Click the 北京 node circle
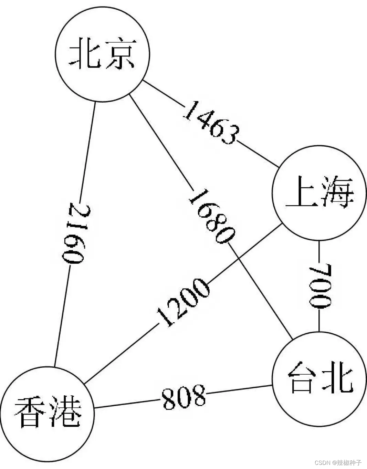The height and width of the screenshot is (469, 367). (x=102, y=54)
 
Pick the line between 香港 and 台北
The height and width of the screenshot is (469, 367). (x=241, y=390)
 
